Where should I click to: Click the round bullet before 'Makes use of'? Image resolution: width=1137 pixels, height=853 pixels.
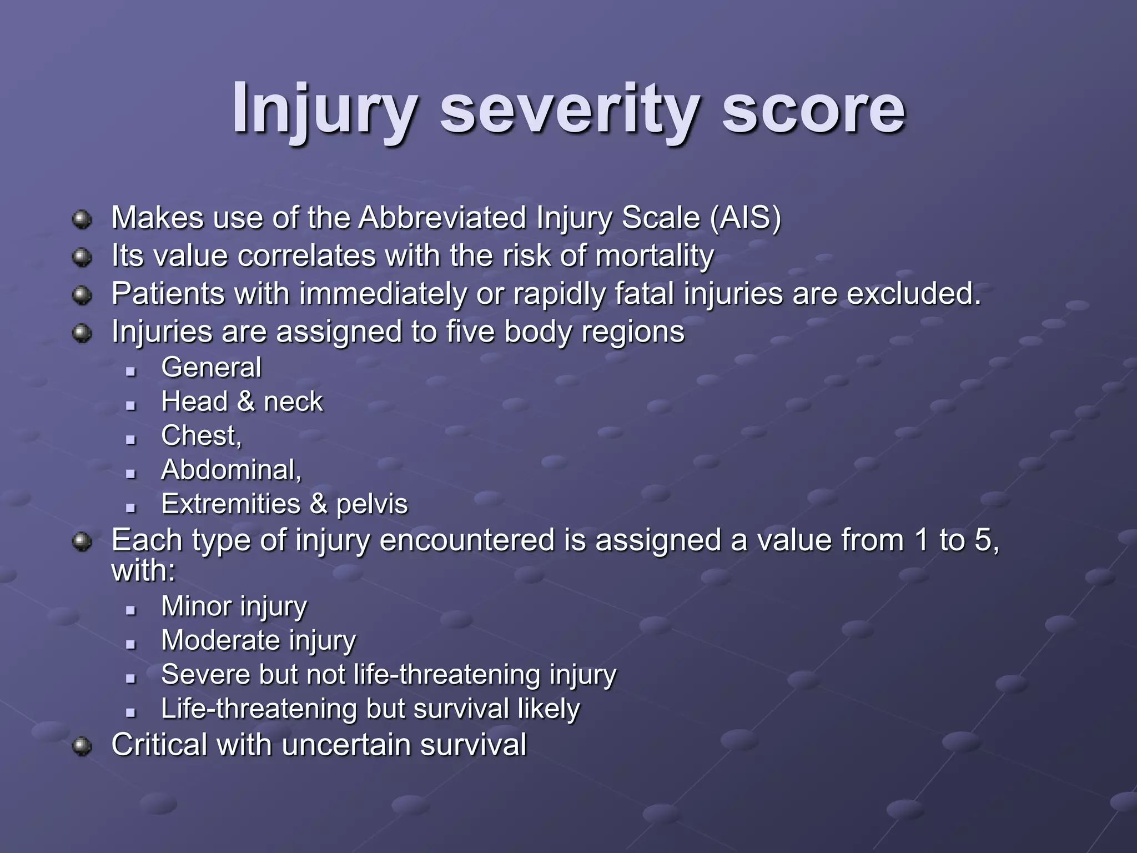coord(82,219)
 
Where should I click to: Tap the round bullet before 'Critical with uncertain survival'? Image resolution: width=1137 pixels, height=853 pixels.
coord(82,746)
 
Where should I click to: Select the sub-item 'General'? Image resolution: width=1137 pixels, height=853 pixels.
coord(211,368)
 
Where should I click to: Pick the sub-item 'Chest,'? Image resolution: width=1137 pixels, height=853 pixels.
coord(202,436)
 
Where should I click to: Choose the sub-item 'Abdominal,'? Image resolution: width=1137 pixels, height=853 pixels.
coord(231,470)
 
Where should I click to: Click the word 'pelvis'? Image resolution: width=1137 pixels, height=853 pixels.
coord(372,504)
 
